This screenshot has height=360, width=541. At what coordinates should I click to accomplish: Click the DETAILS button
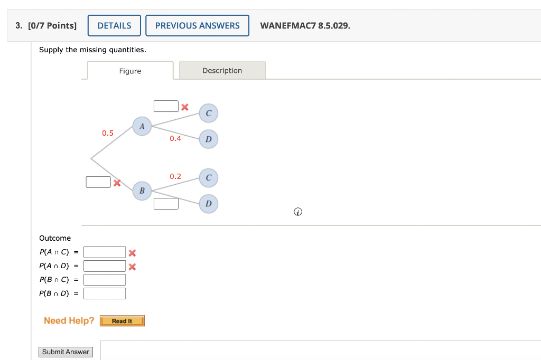(114, 25)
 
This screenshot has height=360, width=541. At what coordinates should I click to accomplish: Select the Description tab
(222, 70)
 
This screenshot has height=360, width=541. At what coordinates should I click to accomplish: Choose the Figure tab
(130, 71)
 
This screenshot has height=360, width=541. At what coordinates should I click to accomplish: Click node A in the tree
(142, 126)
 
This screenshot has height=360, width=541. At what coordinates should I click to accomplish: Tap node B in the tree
(142, 191)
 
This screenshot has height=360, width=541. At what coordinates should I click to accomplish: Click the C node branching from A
(208, 113)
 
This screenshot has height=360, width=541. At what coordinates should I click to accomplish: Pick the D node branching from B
(208, 204)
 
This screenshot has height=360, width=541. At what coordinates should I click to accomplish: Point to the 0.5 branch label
(108, 133)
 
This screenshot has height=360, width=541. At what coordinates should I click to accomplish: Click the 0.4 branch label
(175, 138)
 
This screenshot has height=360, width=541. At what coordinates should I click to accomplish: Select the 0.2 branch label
(175, 176)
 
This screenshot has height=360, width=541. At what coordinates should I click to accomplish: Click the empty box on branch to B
(98, 182)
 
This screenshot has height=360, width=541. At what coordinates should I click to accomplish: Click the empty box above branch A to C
(166, 106)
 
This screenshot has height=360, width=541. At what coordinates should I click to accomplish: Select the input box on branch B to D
(166, 203)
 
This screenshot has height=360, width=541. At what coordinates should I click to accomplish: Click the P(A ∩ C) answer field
(105, 252)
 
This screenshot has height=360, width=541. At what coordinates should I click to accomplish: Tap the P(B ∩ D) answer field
(105, 293)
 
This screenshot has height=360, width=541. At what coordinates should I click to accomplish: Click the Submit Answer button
(66, 352)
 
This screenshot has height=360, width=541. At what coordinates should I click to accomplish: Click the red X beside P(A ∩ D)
(132, 267)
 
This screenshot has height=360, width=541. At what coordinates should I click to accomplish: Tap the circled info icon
(298, 212)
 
